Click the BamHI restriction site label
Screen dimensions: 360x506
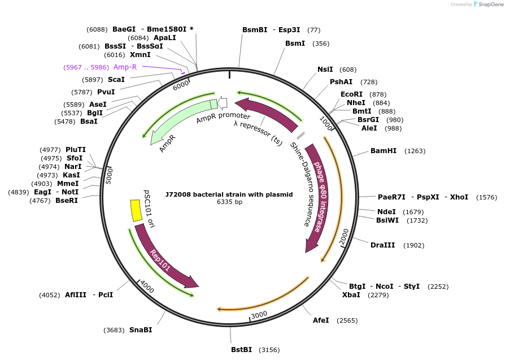click(x=383, y=151)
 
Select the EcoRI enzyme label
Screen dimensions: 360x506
click(x=351, y=94)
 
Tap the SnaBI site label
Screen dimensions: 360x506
click(x=141, y=330)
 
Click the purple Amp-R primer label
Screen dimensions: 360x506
click(x=125, y=67)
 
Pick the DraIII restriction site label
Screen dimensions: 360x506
click(x=382, y=245)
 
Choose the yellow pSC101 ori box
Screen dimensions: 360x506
click(x=136, y=211)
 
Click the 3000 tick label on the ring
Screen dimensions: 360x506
click(x=259, y=315)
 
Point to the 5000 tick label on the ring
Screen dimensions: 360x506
click(x=110, y=175)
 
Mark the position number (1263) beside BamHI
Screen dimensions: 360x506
click(x=415, y=151)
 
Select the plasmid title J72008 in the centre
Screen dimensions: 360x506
click(x=229, y=194)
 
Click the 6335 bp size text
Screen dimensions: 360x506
click(x=229, y=202)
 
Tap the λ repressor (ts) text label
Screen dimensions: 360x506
click(x=258, y=132)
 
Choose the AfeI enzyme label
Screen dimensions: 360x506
click(x=321, y=320)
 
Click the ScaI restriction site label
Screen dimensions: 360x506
click(x=116, y=80)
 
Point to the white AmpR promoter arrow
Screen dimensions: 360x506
click(x=223, y=103)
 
